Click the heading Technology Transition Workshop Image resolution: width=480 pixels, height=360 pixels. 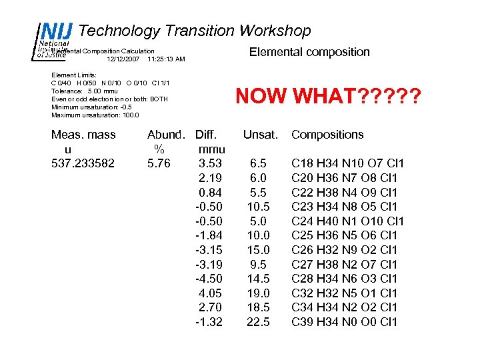click(x=195, y=31)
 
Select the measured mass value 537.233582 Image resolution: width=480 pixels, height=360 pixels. click(x=83, y=163)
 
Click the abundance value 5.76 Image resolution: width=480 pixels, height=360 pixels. click(x=159, y=163)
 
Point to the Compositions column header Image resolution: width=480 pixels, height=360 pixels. click(x=327, y=134)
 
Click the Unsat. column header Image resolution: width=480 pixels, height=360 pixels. click(x=259, y=134)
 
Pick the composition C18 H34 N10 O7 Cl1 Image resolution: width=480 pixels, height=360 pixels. click(x=348, y=163)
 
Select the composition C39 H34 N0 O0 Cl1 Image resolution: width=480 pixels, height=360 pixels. click(x=344, y=322)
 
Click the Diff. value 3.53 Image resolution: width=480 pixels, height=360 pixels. click(x=211, y=163)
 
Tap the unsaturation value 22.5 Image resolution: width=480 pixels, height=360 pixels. click(x=259, y=322)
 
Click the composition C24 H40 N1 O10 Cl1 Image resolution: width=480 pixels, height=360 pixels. click(x=348, y=221)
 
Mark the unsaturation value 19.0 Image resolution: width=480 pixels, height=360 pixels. click(x=259, y=293)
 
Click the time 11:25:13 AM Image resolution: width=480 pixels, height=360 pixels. click(x=166, y=59)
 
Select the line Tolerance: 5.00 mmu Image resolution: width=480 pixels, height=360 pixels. click(x=85, y=91)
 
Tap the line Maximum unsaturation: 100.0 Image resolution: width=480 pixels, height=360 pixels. click(x=95, y=115)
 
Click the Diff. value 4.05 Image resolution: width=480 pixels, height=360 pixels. click(x=211, y=293)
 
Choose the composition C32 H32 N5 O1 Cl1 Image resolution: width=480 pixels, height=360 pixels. click(x=344, y=293)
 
